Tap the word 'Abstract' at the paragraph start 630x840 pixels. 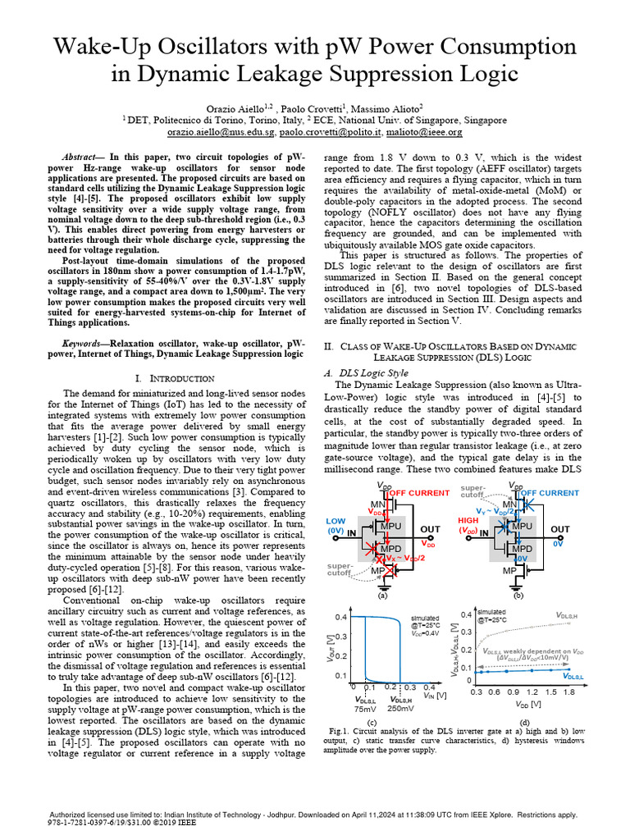pos(85,156)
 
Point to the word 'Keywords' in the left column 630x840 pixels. pos(85,342)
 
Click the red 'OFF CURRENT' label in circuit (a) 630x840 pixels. pos(419,493)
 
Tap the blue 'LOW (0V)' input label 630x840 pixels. pos(335,525)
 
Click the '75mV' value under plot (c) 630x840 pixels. pos(366,708)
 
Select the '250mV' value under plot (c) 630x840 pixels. pos(400,708)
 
